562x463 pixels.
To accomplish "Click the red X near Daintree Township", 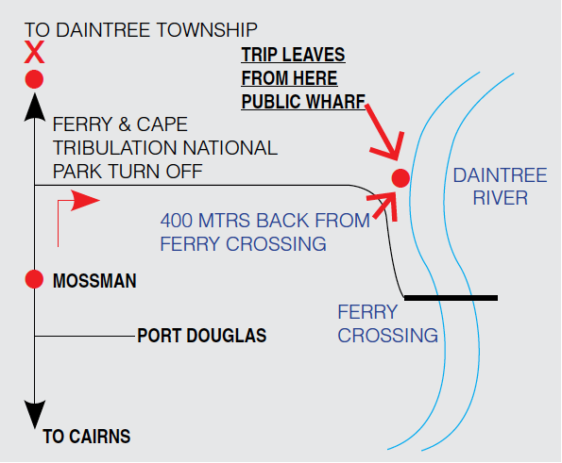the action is point(34,52).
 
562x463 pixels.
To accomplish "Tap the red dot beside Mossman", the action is point(34,279).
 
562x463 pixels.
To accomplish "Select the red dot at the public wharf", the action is point(400,178).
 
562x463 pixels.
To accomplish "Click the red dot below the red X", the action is point(34,79).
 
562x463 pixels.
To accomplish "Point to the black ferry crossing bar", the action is point(451,298).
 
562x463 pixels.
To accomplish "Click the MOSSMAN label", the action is point(94,281).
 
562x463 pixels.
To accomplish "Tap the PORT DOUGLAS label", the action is point(202,336).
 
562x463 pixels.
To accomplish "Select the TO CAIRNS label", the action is point(87,437).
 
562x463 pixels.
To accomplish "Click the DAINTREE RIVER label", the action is point(500,187).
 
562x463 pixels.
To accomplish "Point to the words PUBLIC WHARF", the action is point(303,102).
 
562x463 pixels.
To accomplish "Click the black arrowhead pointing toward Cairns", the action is point(34,414).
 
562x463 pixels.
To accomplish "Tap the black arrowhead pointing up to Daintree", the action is point(34,107).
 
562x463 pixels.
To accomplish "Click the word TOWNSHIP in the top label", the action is point(207,30).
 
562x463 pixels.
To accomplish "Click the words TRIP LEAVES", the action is point(293,55).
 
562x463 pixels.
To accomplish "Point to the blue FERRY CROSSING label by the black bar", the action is point(388,323).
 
